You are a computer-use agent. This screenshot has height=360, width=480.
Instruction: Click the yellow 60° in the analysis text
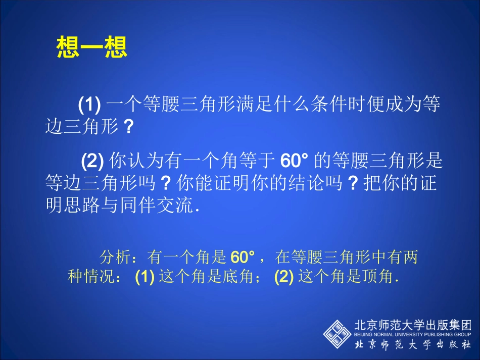pos(242,258)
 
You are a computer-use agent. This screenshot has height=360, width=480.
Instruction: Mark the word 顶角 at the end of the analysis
pos(380,277)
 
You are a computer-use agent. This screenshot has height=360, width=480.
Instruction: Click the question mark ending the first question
pos(128,127)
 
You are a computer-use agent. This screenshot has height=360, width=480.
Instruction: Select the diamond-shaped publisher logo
pos(337,333)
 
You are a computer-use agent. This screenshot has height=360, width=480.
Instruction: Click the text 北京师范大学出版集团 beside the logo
pos(413,325)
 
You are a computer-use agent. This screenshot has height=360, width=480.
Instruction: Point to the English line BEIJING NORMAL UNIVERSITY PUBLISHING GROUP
pos(413,334)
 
